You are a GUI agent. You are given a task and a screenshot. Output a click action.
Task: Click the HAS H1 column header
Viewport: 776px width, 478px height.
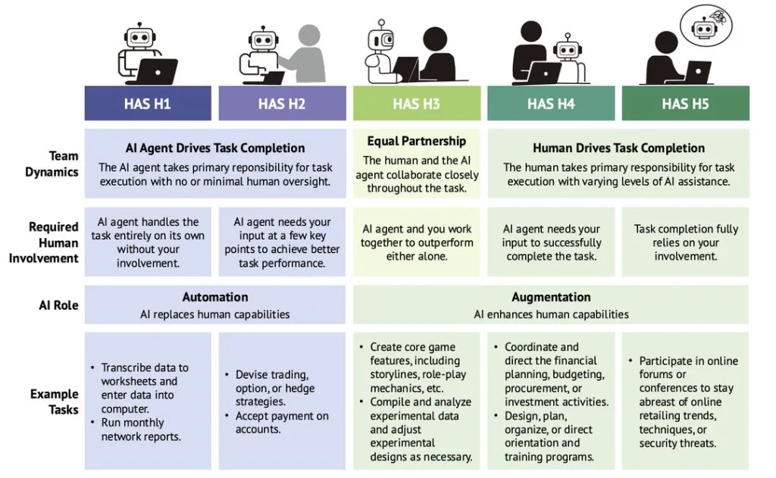tap(148, 104)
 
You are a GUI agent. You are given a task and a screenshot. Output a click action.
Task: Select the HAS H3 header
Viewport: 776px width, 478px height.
tap(417, 104)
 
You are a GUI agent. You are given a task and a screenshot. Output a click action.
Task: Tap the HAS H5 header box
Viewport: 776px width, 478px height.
tap(685, 104)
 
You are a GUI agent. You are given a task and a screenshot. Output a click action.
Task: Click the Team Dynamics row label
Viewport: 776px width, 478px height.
tap(52, 164)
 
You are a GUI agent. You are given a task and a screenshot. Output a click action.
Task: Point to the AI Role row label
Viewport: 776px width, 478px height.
tap(58, 305)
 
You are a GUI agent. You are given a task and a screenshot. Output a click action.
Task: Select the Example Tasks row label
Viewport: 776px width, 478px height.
tap(54, 401)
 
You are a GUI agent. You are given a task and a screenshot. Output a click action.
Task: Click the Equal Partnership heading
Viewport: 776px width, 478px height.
tap(417, 141)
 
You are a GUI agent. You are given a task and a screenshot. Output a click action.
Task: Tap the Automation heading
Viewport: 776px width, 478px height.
tap(214, 297)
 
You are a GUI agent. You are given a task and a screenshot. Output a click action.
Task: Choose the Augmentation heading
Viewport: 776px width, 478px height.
tap(551, 297)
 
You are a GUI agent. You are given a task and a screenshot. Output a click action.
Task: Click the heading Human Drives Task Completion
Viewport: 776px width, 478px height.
tap(618, 148)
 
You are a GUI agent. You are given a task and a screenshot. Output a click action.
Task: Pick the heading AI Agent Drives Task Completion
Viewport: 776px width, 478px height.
tap(214, 148)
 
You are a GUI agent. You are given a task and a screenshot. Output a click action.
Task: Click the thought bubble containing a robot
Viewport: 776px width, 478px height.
tap(706, 25)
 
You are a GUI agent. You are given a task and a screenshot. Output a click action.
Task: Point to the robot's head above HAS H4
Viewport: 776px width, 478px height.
tap(567, 49)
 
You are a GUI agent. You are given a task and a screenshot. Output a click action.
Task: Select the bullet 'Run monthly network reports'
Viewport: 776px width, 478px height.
tap(136, 430)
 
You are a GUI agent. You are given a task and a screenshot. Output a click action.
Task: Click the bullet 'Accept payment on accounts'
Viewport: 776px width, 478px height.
tap(277, 423)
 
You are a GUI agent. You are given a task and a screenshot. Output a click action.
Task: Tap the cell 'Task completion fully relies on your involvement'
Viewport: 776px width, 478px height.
tap(685, 242)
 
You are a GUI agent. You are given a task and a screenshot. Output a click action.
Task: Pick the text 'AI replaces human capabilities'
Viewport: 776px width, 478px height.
tap(214, 314)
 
